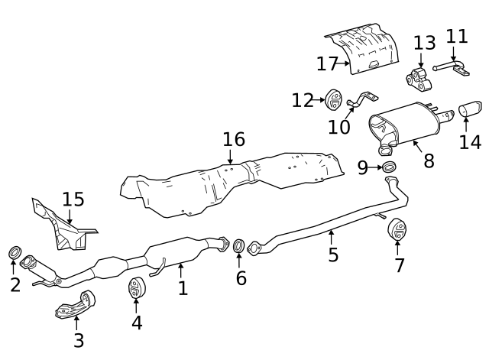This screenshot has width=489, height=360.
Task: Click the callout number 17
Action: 327,63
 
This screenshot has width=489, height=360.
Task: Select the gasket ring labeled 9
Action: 389,167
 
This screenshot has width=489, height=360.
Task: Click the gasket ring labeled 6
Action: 238,245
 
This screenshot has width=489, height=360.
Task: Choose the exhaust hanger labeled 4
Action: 136,288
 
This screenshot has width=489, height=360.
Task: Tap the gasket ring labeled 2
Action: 15,253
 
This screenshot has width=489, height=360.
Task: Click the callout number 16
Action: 234,139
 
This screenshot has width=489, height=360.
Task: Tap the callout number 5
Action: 333,255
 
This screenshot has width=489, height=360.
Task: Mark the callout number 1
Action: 183,287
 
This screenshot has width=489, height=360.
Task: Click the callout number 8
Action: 428,161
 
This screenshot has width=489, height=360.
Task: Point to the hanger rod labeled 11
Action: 452,69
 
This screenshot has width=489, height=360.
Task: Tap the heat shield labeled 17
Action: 365,49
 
